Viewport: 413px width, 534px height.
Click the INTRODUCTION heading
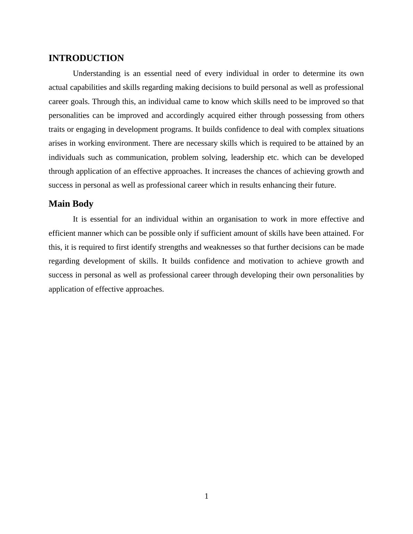pyautogui.click(x=86, y=58)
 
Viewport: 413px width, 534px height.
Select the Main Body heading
pyautogui.click(x=71, y=204)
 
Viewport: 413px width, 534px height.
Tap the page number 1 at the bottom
pyautogui.click(x=206, y=496)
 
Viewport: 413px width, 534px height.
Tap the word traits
pyautogui.click(x=57, y=129)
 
